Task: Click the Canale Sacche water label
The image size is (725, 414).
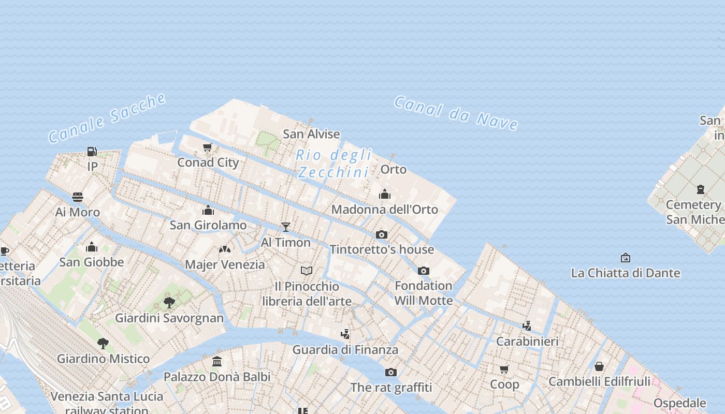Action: coord(107,118)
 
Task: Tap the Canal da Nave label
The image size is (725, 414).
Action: coord(456,113)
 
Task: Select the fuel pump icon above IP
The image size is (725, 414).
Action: coord(92,151)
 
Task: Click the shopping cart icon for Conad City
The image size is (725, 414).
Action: coord(208,147)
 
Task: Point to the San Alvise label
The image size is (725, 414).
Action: coord(311,134)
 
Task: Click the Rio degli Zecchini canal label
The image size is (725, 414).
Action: coord(334,163)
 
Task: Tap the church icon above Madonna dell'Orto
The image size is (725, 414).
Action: coord(384,194)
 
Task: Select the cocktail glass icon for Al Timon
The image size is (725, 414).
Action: coord(285,227)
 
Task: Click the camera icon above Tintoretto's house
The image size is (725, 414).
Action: coord(382,234)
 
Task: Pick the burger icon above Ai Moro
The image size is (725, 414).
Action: coord(78,197)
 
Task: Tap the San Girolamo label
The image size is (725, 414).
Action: coord(208,225)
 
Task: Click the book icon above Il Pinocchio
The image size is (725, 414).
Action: coord(307,271)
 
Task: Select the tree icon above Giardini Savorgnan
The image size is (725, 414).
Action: coord(169,302)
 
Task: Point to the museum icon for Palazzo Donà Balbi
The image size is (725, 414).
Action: coord(217,361)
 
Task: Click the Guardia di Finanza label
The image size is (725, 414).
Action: coord(345,350)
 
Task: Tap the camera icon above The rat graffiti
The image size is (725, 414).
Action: coord(391,372)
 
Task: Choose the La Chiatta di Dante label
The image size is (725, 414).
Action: coord(625,273)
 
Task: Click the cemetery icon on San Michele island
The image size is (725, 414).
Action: coord(701,189)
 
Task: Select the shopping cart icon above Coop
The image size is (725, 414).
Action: coord(504,369)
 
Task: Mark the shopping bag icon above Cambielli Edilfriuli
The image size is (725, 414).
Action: coord(599,366)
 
